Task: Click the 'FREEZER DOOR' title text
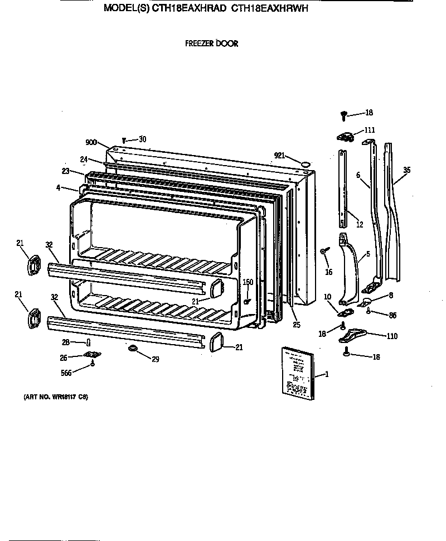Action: (211, 44)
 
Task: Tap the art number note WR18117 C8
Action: (55, 397)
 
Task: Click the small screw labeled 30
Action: (124, 141)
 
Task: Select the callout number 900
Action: (91, 142)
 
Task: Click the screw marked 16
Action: (324, 253)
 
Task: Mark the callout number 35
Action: (406, 170)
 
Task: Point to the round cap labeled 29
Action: (133, 349)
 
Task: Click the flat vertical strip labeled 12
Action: (343, 187)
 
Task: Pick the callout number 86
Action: (392, 316)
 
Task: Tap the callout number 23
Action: (65, 171)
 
